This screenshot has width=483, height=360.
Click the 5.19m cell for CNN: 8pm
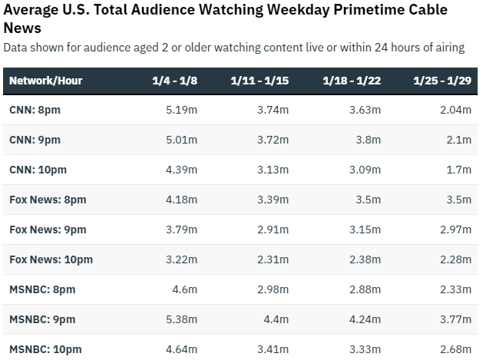(x=182, y=110)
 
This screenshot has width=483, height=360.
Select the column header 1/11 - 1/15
(x=259, y=80)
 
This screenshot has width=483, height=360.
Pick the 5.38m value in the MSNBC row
(x=182, y=319)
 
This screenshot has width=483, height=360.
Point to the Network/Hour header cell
(x=45, y=80)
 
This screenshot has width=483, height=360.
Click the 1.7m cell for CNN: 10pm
(x=458, y=170)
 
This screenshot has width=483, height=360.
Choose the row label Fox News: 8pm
(x=48, y=200)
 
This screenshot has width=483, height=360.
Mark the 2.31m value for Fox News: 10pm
(x=273, y=259)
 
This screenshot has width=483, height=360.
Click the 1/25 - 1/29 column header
(x=442, y=80)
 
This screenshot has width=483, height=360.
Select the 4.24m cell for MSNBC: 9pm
(x=364, y=319)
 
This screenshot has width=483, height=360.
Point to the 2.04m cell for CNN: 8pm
(x=455, y=110)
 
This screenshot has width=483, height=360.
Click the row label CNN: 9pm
(x=35, y=140)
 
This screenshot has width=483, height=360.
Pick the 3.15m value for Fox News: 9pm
(x=365, y=230)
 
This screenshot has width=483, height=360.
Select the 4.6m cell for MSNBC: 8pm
(x=185, y=289)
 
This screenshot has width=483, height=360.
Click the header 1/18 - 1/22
(x=351, y=80)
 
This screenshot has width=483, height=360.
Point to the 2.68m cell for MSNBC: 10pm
(x=455, y=349)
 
